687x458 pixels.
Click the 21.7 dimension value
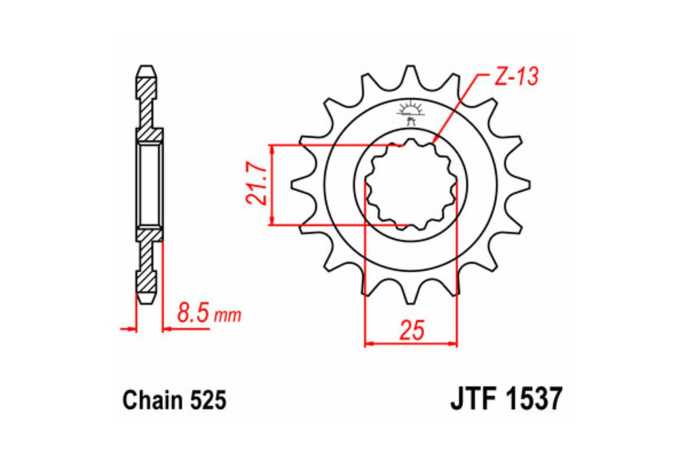[255, 185]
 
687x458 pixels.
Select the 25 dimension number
[412, 331]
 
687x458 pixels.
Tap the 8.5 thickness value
[193, 314]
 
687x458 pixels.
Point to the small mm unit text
[227, 315]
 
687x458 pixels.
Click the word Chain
[150, 400]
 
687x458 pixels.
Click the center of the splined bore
[411, 184]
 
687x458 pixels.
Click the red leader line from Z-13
[455, 109]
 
